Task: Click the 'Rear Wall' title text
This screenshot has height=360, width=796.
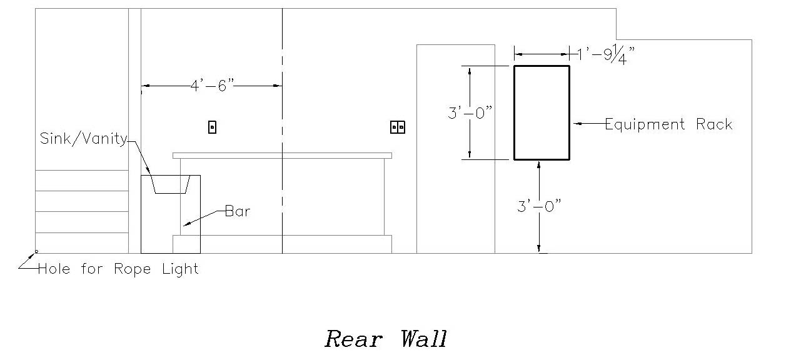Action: pyautogui.click(x=386, y=339)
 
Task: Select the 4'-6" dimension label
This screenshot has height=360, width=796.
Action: pyautogui.click(x=212, y=86)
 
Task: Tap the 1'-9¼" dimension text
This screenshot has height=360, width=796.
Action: pyautogui.click(x=605, y=55)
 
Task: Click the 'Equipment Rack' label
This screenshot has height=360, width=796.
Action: pyautogui.click(x=668, y=124)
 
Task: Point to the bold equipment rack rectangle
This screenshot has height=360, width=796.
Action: pyautogui.click(x=542, y=112)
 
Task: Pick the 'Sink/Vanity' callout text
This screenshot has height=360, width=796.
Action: pyautogui.click(x=84, y=138)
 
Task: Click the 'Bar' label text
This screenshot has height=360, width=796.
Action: pyautogui.click(x=238, y=211)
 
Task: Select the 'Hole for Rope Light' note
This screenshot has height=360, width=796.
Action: pyautogui.click(x=118, y=269)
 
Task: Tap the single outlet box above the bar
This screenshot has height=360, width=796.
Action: pyautogui.click(x=212, y=127)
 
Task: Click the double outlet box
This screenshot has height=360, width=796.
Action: pyautogui.click(x=398, y=127)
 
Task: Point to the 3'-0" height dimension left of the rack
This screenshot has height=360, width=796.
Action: pyautogui.click(x=470, y=113)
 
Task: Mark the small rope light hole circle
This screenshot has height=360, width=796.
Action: pyautogui.click(x=36, y=252)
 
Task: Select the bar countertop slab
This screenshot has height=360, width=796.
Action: pyautogui.click(x=282, y=156)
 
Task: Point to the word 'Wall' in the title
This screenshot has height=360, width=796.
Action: pyautogui.click(x=423, y=339)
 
